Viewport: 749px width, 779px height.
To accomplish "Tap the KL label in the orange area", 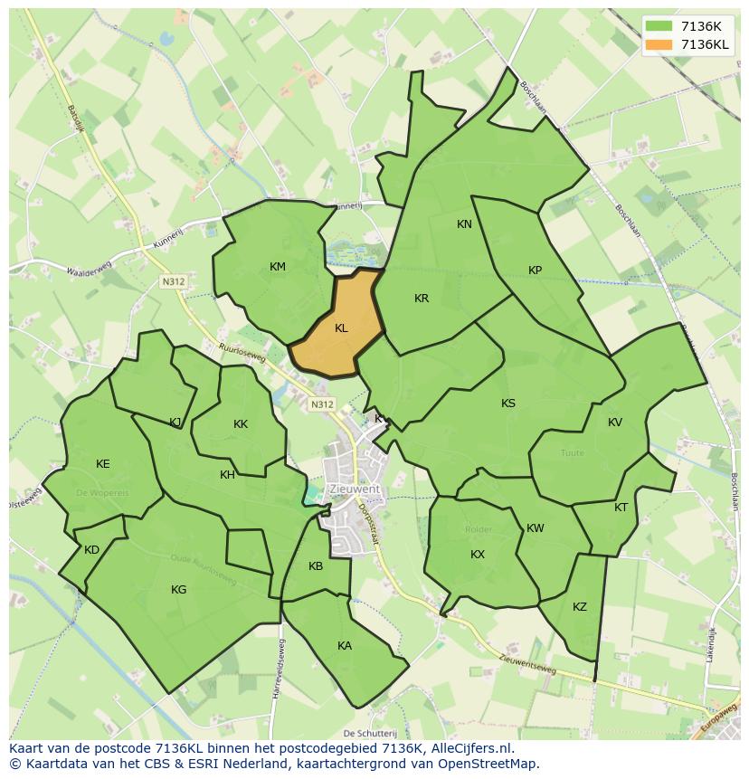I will point(341,328).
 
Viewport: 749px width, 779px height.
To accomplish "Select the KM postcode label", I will point(278,266).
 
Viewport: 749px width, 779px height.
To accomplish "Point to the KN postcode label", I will point(464,224).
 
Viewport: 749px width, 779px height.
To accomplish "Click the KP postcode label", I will point(535,271).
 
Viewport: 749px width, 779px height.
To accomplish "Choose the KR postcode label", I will point(422,299).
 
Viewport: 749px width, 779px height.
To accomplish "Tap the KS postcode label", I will point(508,404).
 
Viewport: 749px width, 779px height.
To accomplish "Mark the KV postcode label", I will point(615,423).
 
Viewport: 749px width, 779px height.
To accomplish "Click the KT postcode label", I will point(621,508).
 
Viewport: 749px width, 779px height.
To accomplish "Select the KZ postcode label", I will point(580,607).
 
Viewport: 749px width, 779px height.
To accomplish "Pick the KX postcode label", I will point(478,555).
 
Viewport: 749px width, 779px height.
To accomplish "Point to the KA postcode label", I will point(345,646).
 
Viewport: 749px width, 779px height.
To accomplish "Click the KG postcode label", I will point(179,590).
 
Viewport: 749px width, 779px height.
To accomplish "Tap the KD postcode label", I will point(91,550).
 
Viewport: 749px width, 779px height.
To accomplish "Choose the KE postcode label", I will point(103,464).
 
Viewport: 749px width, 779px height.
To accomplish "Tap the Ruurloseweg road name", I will point(242,352).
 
